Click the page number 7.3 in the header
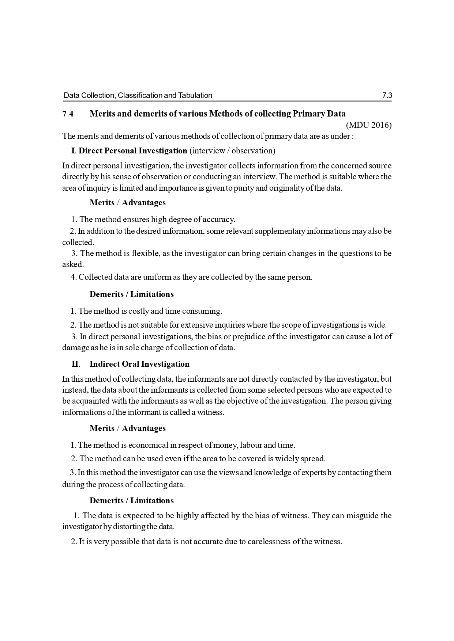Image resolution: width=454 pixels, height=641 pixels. coord(387,96)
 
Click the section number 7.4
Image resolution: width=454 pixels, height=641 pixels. coord(68,114)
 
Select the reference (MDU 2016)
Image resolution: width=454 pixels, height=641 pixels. coord(369,125)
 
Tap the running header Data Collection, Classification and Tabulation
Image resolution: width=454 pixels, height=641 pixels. coord(138,96)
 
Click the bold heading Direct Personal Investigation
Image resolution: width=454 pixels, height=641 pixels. coord(133,151)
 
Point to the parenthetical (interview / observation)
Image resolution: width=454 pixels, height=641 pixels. coord(232,151)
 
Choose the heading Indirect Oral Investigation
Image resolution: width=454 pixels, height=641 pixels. coord(139,364)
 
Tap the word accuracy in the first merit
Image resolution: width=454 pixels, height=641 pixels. coord(219,220)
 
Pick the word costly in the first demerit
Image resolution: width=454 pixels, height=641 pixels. coord(139,311)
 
